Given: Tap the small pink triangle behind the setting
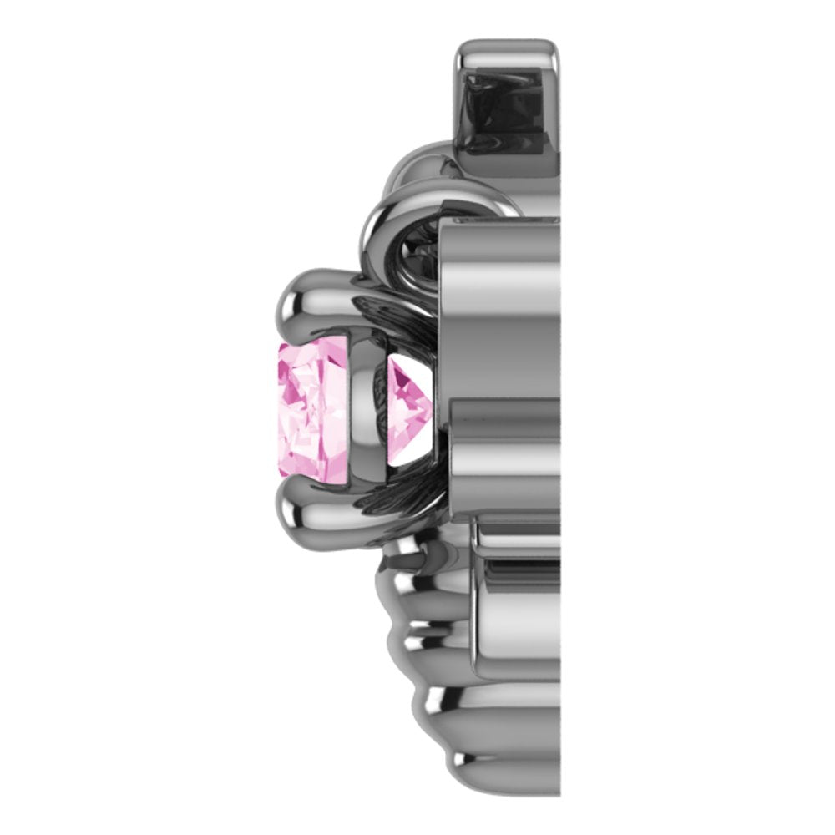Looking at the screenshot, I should point(409,392).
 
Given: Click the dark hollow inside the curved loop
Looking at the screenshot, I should point(422,242).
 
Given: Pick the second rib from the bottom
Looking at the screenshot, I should point(451,710).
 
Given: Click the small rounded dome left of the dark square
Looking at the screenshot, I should point(422,163).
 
